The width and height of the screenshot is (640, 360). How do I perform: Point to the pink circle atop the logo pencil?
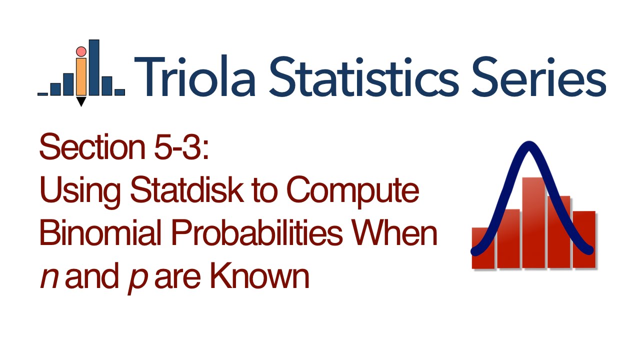(80, 51)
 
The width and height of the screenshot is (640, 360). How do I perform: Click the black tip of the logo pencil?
(80, 101)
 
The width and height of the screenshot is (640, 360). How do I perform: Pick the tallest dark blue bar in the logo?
(93, 67)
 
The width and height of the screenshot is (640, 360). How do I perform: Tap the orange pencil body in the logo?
(80, 75)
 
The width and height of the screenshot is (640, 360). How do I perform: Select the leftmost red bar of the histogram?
(483, 248)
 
